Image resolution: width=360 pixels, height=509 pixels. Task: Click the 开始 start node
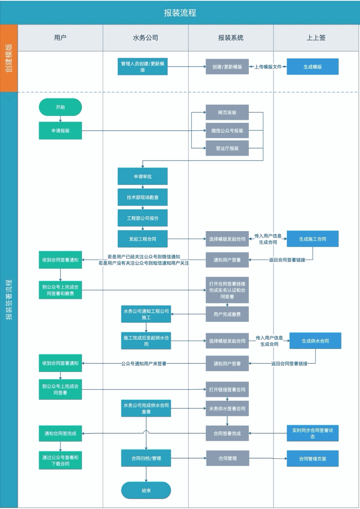pos(60,107)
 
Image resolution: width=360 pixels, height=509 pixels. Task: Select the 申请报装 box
pos(60,130)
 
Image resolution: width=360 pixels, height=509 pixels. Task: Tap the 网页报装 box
pos(227,112)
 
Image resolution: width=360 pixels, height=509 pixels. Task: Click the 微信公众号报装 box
pos(227,130)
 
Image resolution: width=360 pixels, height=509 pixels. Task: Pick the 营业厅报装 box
pos(227,148)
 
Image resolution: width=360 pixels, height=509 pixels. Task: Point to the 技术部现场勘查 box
pos(142,197)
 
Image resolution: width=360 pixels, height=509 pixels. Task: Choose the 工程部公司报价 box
pos(142,218)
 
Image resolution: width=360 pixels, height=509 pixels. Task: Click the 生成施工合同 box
pos(313,239)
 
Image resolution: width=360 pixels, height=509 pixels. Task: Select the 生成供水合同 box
pos(315,341)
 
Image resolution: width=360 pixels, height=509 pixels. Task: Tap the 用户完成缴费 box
pos(227,314)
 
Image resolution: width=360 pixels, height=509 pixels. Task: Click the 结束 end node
pos(146,490)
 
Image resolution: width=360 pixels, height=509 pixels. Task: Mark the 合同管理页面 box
pos(313,459)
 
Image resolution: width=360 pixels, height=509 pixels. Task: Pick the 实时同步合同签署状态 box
pos(313,433)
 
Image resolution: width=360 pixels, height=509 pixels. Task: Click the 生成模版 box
pos(313,67)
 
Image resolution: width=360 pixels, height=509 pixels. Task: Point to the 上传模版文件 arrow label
pos(268,67)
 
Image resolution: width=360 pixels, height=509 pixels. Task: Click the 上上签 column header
pos(316,38)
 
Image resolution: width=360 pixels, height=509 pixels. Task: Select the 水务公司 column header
pos(145,38)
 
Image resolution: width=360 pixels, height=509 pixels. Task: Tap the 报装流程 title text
pos(180,13)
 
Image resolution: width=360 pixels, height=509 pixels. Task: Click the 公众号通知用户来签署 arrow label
pos(144,363)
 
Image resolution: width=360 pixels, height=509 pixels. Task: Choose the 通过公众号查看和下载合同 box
pos(60,460)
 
